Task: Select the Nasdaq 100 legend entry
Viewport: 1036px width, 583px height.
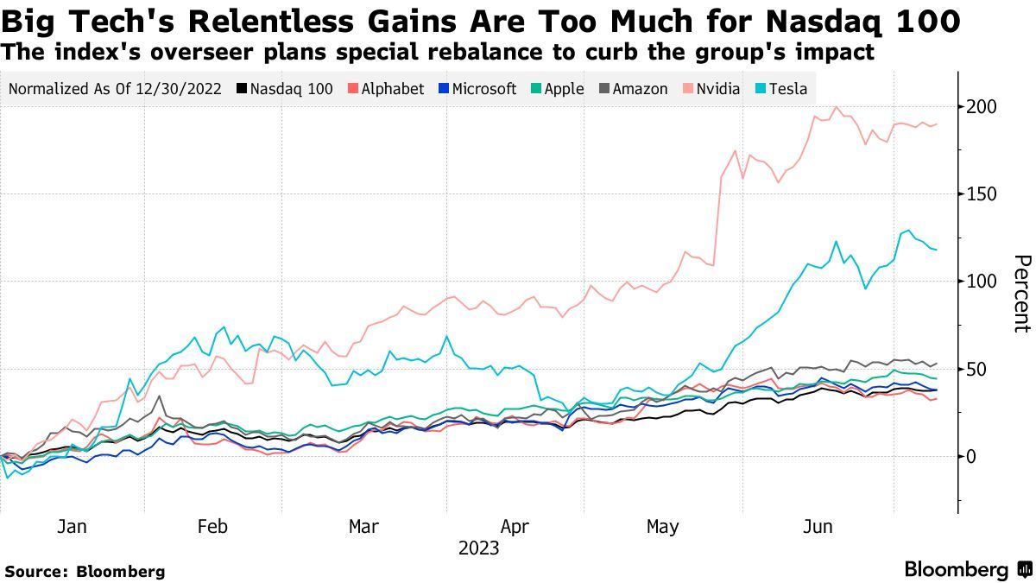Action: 289,89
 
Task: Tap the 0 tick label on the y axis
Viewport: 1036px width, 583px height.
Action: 973,456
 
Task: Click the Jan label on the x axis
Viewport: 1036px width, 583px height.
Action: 72,526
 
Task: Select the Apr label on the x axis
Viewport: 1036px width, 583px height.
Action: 515,526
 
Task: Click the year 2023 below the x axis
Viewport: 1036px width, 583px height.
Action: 478,548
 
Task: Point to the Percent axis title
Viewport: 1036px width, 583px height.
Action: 1021,294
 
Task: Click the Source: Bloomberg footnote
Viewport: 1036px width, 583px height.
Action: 85,571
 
